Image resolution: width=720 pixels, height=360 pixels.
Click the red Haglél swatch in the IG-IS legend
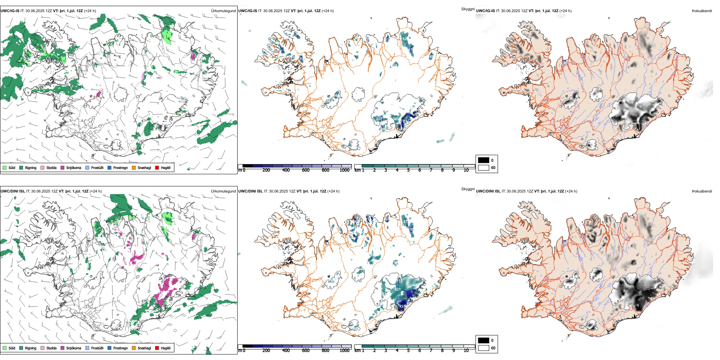[157, 167]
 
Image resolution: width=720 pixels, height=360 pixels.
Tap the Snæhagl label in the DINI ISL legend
[144, 348]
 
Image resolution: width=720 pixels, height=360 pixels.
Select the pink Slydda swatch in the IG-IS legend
[42, 167]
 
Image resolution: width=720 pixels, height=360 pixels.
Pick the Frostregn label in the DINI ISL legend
[121, 348]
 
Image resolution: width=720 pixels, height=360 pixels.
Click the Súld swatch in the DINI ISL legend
[5, 348]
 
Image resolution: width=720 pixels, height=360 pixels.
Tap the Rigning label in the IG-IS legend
[31, 167]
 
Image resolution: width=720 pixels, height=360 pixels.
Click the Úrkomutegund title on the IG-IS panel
[223, 11]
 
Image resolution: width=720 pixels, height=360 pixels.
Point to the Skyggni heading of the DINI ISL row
[468, 189]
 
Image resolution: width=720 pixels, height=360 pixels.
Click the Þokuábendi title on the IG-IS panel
[702, 11]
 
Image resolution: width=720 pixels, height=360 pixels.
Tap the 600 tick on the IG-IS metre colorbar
[305, 170]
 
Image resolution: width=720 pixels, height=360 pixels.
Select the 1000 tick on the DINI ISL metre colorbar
[344, 351]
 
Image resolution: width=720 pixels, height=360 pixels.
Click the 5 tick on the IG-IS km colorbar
[408, 170]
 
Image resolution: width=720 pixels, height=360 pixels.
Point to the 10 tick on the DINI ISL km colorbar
[466, 351]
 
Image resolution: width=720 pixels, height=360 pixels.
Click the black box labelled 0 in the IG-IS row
[484, 160]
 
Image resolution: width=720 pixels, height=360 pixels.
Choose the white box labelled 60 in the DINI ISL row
[484, 348]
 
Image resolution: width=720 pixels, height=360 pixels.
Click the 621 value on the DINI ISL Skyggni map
[398, 289]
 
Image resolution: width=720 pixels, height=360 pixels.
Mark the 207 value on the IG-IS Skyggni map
[379, 119]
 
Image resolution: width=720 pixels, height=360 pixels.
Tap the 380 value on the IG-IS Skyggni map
[396, 119]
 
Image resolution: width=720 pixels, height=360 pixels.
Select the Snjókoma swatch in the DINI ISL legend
[63, 348]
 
